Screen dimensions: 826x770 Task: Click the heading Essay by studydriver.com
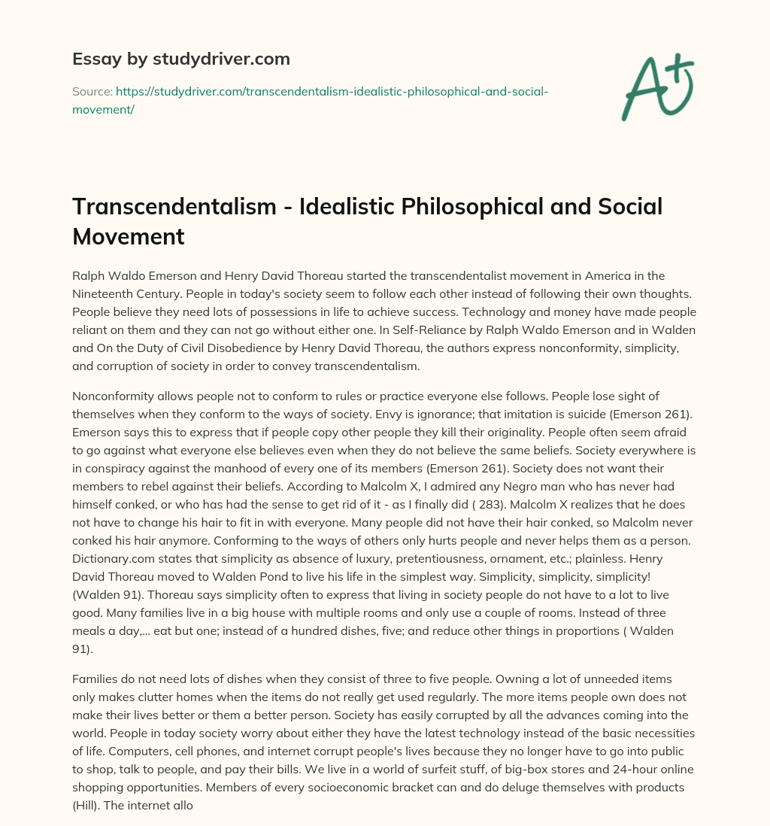point(181,59)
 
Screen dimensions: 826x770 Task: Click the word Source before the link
point(91,91)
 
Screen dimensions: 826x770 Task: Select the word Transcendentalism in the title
point(174,207)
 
